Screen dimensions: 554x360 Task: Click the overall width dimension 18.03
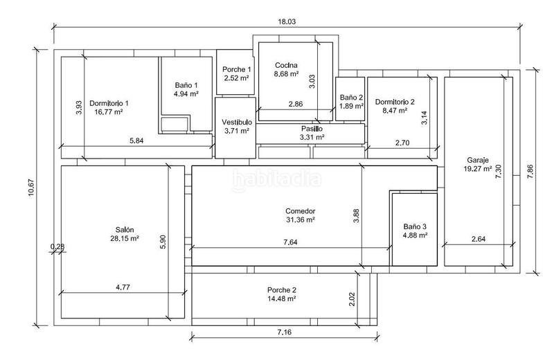click(287, 21)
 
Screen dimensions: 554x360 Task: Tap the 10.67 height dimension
click(31, 187)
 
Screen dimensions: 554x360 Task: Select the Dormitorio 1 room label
click(109, 103)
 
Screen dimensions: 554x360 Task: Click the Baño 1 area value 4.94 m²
click(186, 93)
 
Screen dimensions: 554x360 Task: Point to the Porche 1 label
click(237, 69)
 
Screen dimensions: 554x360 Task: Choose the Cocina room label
click(286, 65)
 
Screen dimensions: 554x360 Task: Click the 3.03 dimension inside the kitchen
click(312, 81)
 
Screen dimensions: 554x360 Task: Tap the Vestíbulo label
click(237, 122)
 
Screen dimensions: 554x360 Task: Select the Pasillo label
click(312, 129)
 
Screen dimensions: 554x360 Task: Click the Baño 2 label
click(351, 97)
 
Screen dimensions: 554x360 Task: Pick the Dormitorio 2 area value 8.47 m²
click(395, 110)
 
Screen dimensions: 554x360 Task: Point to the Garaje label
click(478, 160)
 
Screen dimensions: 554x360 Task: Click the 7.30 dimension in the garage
click(499, 172)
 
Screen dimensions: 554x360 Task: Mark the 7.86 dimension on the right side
click(530, 172)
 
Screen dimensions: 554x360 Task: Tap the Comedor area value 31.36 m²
click(301, 219)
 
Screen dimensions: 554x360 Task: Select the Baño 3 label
click(415, 226)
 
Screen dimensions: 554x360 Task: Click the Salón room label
click(125, 230)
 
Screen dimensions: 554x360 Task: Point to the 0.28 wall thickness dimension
click(57, 246)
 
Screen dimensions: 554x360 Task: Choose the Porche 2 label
click(282, 290)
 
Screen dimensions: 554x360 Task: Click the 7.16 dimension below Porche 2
click(285, 332)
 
